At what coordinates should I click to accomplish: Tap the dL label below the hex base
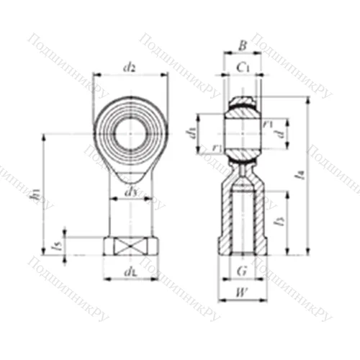point(130,271)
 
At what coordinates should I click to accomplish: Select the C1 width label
point(243,68)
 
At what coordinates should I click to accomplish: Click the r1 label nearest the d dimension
point(268,122)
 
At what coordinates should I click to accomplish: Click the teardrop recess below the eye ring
point(130,176)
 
